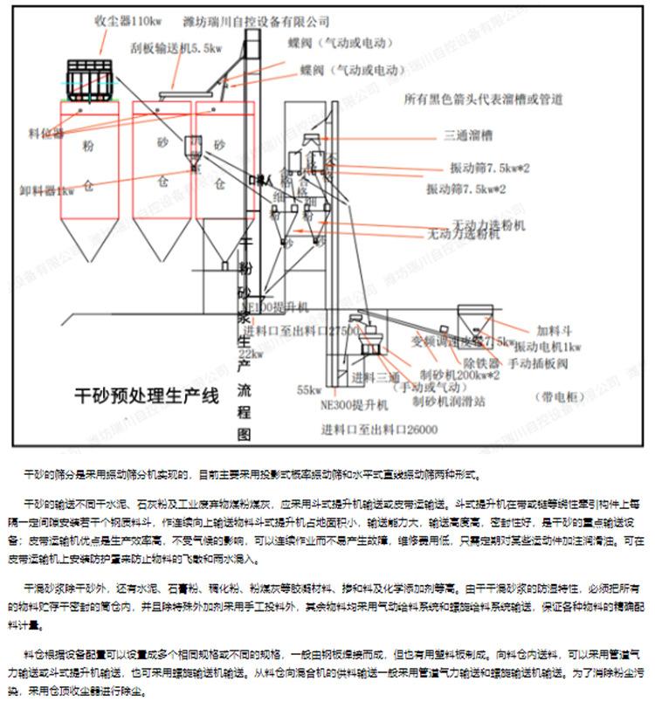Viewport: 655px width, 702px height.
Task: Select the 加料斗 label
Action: coord(555,330)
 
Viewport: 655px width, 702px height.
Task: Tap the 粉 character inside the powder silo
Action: coord(87,144)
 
